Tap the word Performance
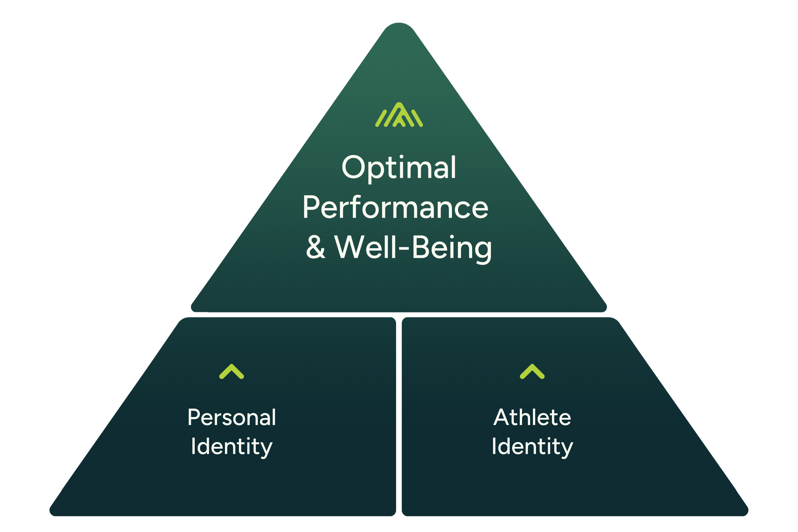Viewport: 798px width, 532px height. pyautogui.click(x=395, y=207)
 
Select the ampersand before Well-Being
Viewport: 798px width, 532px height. pyautogui.click(x=316, y=247)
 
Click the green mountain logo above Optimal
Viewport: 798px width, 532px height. pyautogui.click(x=399, y=115)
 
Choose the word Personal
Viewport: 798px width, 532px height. pyautogui.click(x=232, y=418)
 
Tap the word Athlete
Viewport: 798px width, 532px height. pyautogui.click(x=532, y=418)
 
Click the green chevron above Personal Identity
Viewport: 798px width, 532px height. pyautogui.click(x=232, y=372)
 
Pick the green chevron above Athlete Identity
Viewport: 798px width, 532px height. pyautogui.click(x=532, y=372)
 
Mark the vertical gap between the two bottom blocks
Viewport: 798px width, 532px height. pyautogui.click(x=399, y=417)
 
